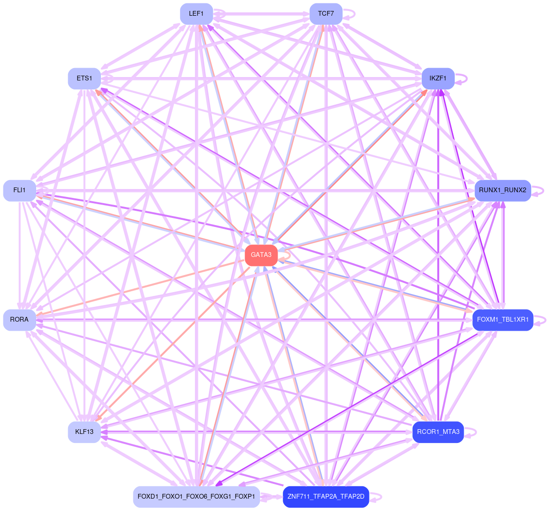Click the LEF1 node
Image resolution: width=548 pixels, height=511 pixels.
tap(196, 14)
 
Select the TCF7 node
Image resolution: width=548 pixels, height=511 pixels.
tap(326, 14)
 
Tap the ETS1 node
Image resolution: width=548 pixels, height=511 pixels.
tap(84, 79)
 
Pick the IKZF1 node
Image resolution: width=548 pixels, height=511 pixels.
tap(438, 79)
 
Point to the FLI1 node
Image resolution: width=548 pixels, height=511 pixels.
tap(20, 190)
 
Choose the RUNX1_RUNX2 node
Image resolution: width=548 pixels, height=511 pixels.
tap(502, 190)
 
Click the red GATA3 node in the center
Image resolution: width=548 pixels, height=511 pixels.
tap(261, 255)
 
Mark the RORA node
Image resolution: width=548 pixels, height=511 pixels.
tap(20, 320)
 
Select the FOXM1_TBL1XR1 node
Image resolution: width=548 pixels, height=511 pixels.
tap(502, 320)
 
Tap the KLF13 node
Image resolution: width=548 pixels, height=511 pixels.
tap(84, 432)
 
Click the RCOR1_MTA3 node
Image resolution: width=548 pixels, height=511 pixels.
tap(438, 432)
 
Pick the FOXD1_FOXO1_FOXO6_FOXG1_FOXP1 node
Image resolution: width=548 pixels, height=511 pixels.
tap(196, 497)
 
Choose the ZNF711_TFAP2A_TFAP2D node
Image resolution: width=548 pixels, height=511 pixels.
tap(326, 497)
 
